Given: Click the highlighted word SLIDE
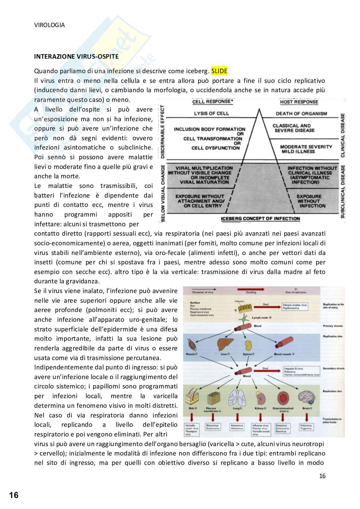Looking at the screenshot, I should [219, 71].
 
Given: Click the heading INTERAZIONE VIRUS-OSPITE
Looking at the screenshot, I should [76, 56].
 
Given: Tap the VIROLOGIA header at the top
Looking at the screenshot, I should [49, 25].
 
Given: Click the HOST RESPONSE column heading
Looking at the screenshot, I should [299, 102].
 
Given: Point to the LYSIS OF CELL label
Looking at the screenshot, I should [211, 113].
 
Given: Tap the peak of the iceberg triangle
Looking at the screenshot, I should [259, 110].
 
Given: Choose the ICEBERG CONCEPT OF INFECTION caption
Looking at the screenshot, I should [260, 219].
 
